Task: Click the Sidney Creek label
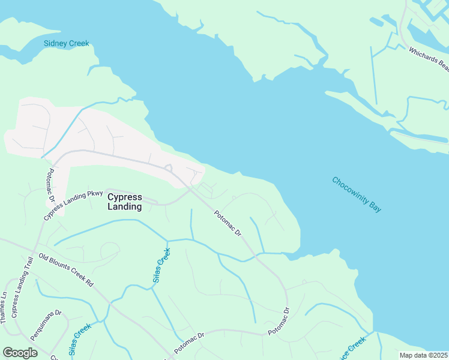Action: tap(66, 43)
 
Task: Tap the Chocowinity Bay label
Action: tap(357, 194)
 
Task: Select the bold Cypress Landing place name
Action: tap(124, 202)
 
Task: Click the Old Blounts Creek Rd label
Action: tap(66, 269)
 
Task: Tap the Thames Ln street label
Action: tap(4, 308)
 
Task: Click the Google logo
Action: tap(20, 353)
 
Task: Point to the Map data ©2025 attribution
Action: tap(423, 355)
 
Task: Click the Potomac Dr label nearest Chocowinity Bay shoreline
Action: tap(228, 223)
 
